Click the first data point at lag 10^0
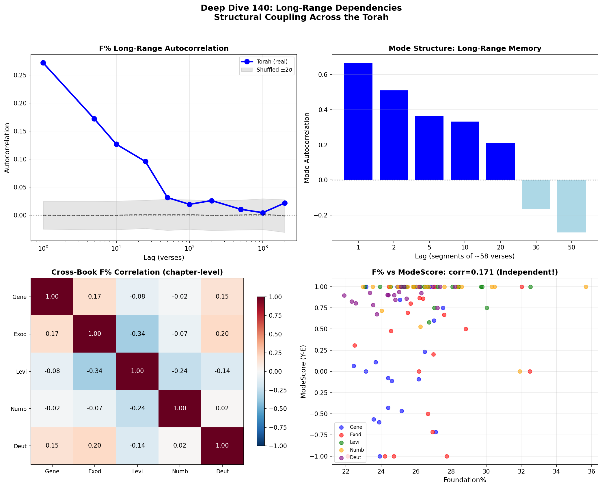click(43, 63)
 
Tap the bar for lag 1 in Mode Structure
click(358, 121)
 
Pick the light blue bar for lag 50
click(571, 206)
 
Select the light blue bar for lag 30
click(536, 194)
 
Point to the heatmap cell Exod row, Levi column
click(137, 334)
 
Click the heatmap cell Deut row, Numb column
click(180, 446)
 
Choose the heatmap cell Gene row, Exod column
click(95, 297)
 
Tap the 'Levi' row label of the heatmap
click(21, 372)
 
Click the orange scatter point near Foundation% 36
click(586, 287)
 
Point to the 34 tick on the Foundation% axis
click(556, 471)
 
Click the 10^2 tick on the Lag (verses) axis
click(189, 248)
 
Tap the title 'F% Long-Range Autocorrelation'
click(164, 49)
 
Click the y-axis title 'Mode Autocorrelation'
click(307, 148)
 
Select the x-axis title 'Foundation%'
click(465, 480)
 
